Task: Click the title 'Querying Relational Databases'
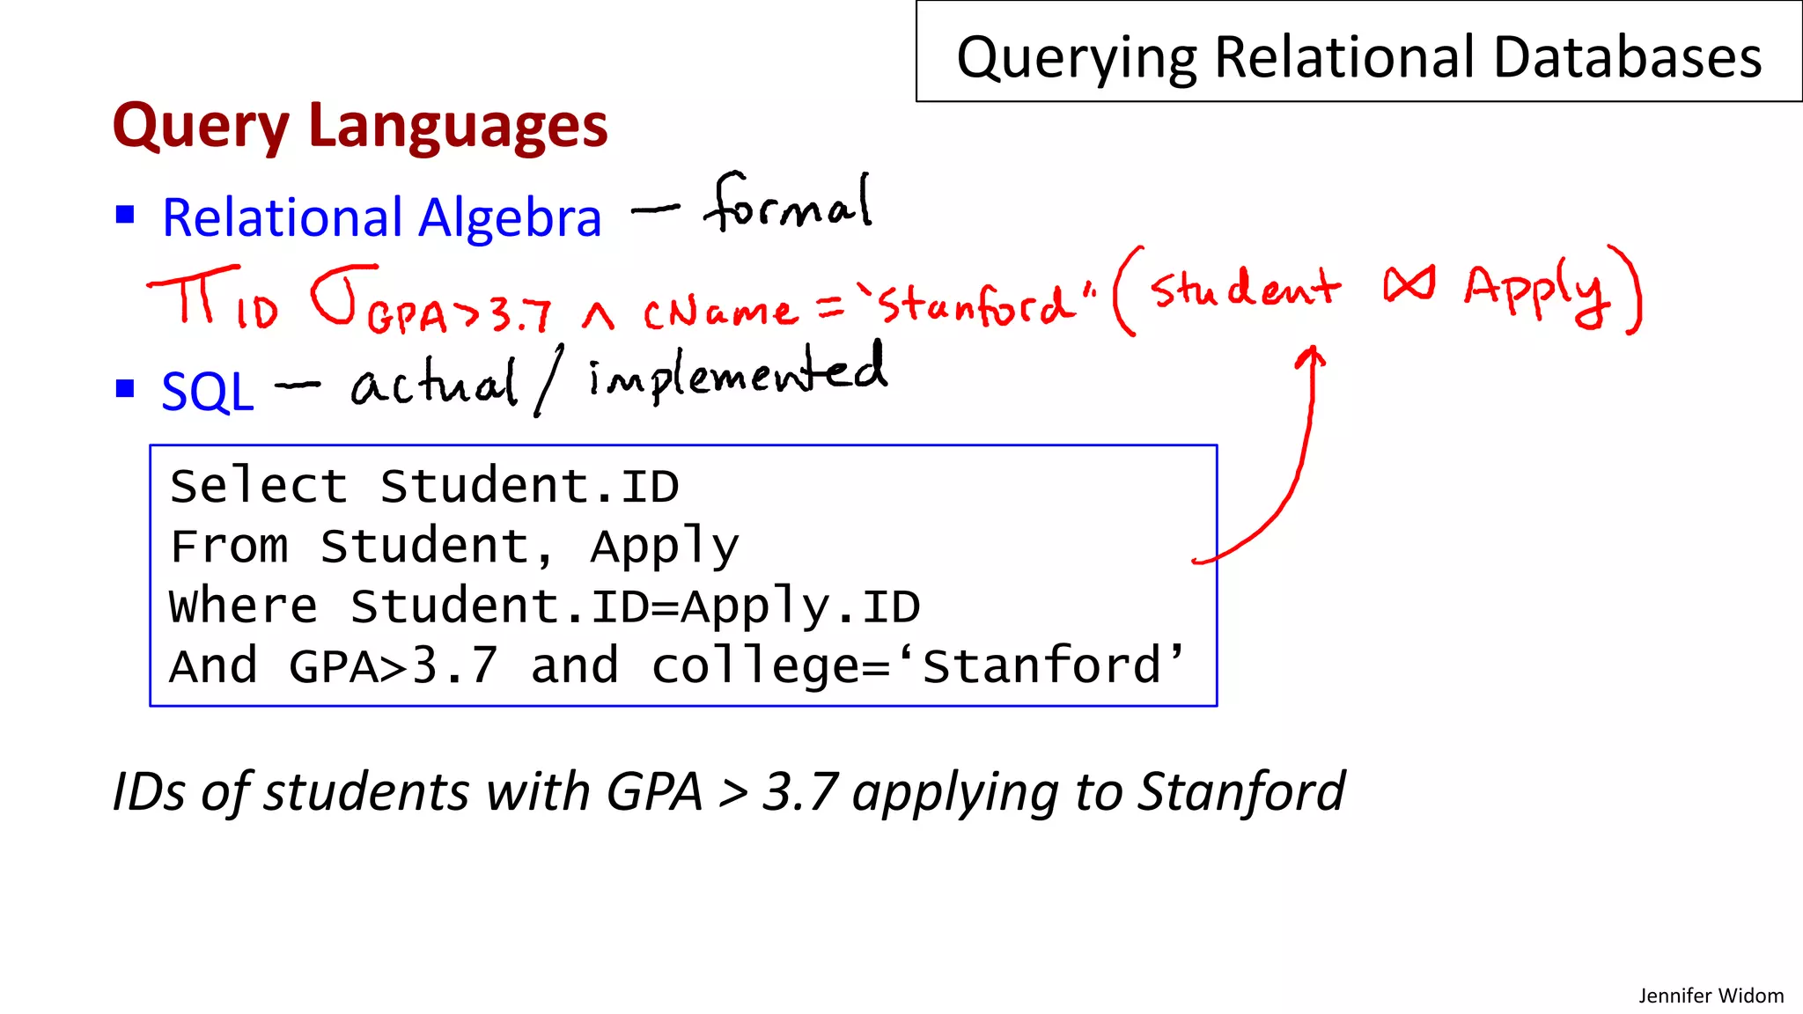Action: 1358,57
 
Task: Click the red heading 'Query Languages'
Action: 360,126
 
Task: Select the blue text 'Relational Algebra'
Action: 381,217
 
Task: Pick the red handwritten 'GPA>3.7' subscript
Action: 459,315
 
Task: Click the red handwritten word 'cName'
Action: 719,312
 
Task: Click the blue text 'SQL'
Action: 208,392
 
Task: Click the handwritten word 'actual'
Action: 434,385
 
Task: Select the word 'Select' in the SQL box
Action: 259,486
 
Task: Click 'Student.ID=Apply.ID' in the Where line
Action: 635,606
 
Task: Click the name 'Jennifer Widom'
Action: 1711,996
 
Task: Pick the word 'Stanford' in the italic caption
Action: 1241,791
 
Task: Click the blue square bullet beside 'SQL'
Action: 125,388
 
